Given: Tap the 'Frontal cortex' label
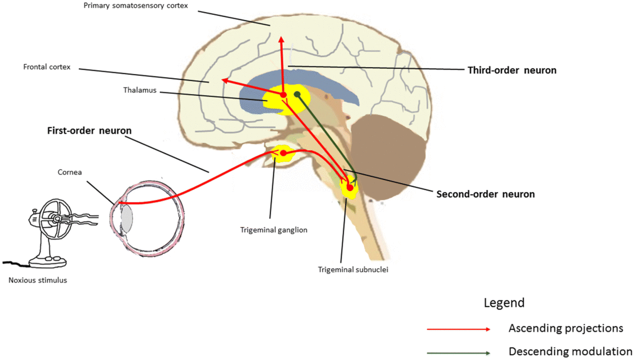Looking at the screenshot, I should [47, 67].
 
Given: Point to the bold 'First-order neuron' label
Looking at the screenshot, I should [89, 131].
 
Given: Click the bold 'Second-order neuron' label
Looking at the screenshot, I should [486, 194].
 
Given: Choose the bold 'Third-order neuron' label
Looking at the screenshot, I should [512, 70].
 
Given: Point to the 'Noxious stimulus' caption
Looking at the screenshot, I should [38, 281].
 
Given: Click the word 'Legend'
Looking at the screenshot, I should [504, 303].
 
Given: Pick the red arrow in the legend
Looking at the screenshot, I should [459, 329].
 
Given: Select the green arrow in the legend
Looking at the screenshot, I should [459, 353].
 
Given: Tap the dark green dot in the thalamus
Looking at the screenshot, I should [298, 94].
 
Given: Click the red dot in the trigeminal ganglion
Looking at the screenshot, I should [283, 153].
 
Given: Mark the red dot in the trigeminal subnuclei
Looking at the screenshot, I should [350, 188].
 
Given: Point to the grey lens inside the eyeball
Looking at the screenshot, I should [126, 218].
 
